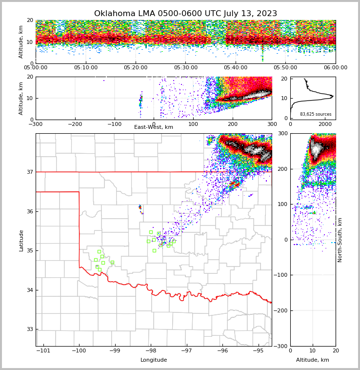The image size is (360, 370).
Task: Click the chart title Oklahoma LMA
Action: tap(185, 14)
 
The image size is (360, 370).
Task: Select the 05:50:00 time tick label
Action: tap(286, 67)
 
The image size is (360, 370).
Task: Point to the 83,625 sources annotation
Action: tap(316, 114)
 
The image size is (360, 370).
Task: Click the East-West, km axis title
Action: tap(154, 127)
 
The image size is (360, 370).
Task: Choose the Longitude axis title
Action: tap(154, 360)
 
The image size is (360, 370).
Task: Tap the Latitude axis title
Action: tap(21, 240)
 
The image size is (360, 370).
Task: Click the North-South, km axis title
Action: tap(340, 240)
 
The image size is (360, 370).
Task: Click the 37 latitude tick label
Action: tap(29, 172)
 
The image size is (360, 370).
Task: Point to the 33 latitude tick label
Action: tap(29, 329)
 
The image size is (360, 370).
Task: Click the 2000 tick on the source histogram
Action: tap(325, 124)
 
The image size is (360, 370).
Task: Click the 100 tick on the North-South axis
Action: tap(282, 204)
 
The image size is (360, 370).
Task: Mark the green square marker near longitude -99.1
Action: tap(112, 262)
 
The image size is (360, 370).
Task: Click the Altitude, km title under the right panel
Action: tap(313, 360)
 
